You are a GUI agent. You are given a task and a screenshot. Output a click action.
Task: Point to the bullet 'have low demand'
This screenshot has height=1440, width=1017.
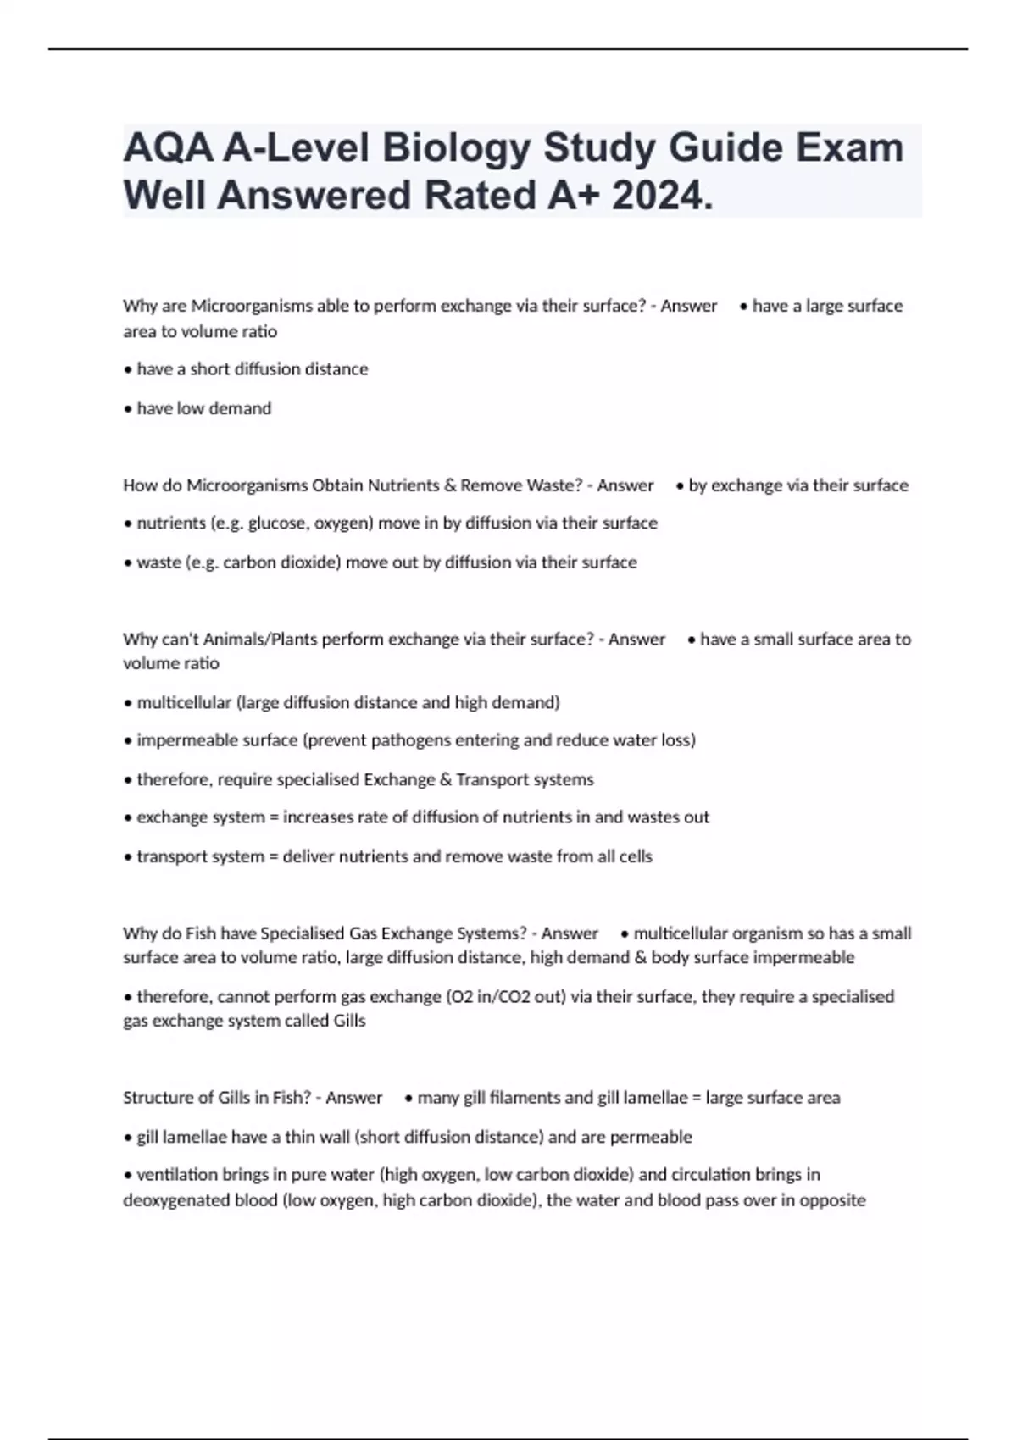click(x=203, y=408)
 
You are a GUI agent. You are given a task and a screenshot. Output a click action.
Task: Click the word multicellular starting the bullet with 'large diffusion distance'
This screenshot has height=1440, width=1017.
click(x=184, y=702)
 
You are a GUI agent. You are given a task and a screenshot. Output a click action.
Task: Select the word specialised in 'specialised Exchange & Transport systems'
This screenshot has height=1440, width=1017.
click(x=317, y=779)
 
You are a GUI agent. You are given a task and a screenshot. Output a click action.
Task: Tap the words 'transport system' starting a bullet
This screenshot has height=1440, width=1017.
click(x=200, y=856)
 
